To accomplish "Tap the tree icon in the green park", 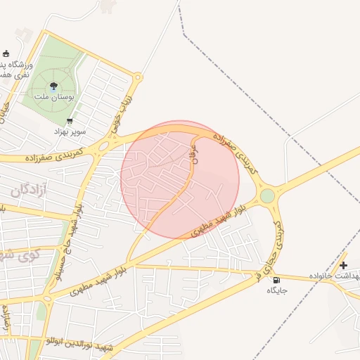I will pos(53,86).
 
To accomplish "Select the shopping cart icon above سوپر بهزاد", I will pos(69,122).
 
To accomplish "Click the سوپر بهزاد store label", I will pos(71,131).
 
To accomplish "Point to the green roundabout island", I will pos(267,195).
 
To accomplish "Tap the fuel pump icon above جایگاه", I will pos(274,281).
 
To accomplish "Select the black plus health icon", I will pos(343,265).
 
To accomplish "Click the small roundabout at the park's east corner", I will pos(138,77).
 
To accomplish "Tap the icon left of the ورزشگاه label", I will pos(6,54).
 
